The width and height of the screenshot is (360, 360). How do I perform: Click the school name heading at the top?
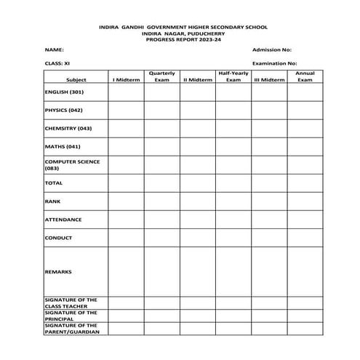tap(183, 27)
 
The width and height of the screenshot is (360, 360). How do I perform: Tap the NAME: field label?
tap(54, 49)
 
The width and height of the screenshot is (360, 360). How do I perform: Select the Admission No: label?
tap(271, 49)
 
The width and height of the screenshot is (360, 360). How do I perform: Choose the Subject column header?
tap(76, 79)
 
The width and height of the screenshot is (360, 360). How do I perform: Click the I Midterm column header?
tap(126, 79)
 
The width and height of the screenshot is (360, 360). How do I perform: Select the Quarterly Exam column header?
tap(161, 76)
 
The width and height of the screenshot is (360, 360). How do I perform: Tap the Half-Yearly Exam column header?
tap(233, 76)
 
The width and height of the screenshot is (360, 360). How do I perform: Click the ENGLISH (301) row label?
tap(64, 92)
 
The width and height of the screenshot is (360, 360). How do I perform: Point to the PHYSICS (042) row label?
tap(64, 111)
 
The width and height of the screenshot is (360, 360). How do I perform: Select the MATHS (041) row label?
tap(62, 146)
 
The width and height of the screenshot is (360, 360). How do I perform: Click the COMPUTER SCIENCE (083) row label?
tap(72, 164)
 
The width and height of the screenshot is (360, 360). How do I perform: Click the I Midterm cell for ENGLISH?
tap(126, 92)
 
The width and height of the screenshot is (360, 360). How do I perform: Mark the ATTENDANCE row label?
tap(63, 220)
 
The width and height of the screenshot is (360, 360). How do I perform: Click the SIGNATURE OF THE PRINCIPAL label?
tap(71, 315)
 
